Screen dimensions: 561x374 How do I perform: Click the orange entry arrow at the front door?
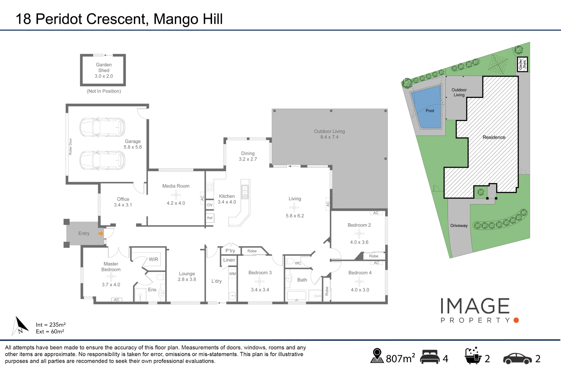pos(101,233)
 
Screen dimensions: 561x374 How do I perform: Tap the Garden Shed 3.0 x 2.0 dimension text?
pos(104,76)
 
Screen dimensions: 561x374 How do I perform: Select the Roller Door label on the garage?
pos(70,146)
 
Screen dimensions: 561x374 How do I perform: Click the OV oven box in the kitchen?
pos(210,205)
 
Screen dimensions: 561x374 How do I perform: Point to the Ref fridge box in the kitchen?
pos(210,218)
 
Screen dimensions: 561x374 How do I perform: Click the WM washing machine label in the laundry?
pos(233,274)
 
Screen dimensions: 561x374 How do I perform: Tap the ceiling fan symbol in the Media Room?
pos(176,195)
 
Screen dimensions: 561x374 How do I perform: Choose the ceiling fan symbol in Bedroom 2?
pos(359,233)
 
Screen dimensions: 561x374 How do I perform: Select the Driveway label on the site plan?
pos(459,225)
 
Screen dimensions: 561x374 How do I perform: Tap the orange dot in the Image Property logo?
pos(516,320)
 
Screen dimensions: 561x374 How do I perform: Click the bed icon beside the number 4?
pos(430,357)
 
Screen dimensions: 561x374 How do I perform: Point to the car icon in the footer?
pos(517,358)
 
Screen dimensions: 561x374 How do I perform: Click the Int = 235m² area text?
pos(51,325)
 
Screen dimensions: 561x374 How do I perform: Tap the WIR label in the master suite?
pos(153,259)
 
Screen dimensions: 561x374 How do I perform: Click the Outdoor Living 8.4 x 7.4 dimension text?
pos(330,137)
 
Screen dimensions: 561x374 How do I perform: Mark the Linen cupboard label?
pos(229,260)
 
